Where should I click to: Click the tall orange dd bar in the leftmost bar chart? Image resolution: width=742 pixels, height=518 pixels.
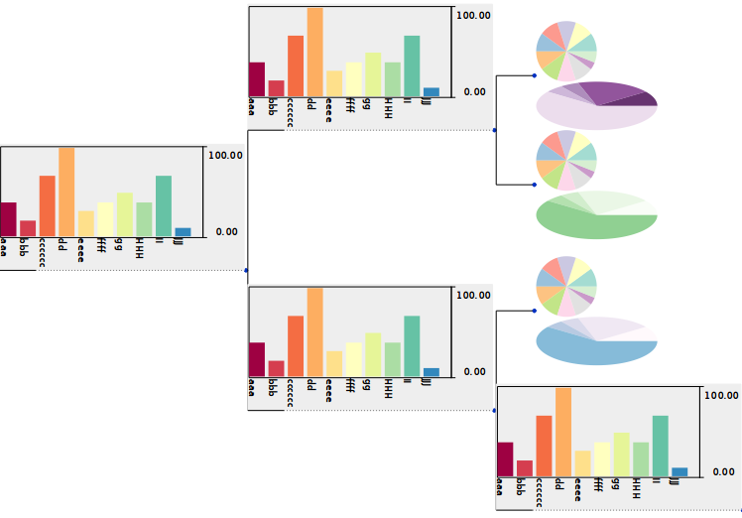(66, 192)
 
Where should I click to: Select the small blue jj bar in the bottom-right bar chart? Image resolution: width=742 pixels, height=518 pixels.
(679, 471)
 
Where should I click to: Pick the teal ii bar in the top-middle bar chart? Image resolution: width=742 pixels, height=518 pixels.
(412, 65)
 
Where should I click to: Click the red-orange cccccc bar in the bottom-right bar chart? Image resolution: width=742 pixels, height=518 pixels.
(544, 446)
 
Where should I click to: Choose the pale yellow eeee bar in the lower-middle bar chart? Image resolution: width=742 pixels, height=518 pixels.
(334, 363)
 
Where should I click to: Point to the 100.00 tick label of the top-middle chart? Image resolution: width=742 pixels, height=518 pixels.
(473, 15)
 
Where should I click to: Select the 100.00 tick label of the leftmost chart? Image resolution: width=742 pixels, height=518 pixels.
(224, 155)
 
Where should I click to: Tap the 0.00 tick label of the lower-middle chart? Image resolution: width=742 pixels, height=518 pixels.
(472, 372)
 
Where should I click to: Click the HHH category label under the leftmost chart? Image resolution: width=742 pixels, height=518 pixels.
(141, 248)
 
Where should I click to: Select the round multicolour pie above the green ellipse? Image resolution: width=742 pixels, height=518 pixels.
(566, 159)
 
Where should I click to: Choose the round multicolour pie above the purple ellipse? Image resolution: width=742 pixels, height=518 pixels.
(566, 51)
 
